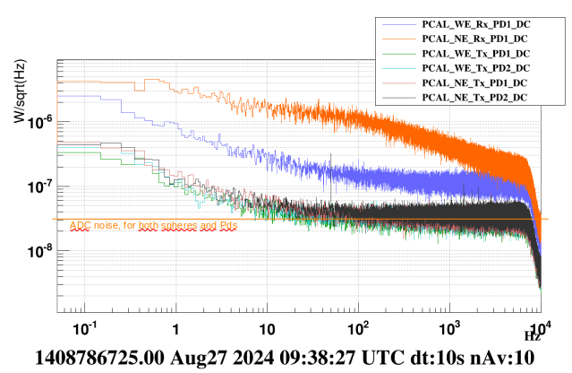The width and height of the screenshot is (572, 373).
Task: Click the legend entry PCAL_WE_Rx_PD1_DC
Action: [474, 25]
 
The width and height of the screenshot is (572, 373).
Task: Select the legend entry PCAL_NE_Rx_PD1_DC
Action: [474, 39]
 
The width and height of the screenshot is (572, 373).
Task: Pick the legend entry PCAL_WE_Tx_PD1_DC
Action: [474, 54]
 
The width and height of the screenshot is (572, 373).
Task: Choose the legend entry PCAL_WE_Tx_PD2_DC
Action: [474, 68]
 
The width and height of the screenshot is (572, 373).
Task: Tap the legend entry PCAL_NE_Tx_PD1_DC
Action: [474, 82]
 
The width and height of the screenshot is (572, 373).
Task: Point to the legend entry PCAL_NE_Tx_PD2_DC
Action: [474, 97]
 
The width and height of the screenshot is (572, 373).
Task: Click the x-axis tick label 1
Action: [175, 327]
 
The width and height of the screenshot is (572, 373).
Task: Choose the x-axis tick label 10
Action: [266, 327]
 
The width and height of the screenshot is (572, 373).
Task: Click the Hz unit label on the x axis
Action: [533, 336]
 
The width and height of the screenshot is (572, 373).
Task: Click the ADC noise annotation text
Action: [153, 226]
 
